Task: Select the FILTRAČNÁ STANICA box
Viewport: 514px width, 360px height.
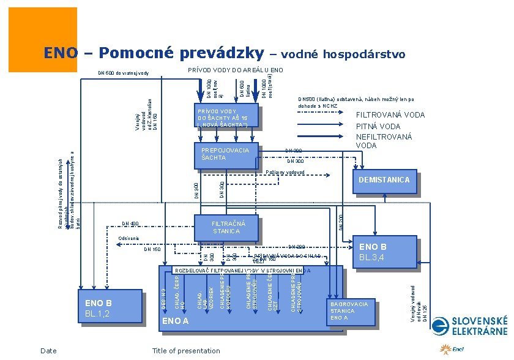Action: point(226,227)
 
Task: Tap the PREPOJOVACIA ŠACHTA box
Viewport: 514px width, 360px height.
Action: point(227,154)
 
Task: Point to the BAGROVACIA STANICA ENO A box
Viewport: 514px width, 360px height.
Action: point(351,310)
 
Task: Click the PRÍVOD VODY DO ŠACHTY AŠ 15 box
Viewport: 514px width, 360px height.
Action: point(226,118)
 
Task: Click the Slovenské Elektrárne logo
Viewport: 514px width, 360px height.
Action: point(478,326)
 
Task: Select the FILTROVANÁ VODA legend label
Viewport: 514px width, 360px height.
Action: point(390,114)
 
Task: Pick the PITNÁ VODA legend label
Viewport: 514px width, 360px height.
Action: point(378,126)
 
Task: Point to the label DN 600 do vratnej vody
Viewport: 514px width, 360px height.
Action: point(124,73)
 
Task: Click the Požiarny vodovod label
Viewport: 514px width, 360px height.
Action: point(285,172)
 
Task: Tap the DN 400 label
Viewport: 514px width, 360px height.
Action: point(131,223)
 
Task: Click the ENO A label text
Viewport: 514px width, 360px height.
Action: point(174,321)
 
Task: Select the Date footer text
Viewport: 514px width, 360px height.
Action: point(48,351)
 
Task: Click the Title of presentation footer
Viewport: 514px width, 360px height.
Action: point(186,351)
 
